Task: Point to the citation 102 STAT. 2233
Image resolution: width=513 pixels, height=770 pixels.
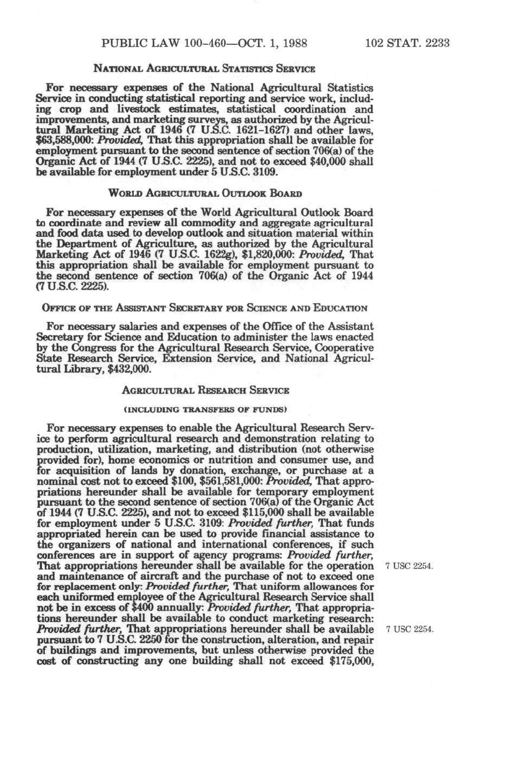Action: (x=407, y=43)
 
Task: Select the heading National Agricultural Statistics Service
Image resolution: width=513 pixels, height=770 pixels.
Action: (x=205, y=69)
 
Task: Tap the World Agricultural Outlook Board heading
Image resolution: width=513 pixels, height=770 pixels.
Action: (x=205, y=193)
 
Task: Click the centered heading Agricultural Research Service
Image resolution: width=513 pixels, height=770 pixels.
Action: (x=205, y=391)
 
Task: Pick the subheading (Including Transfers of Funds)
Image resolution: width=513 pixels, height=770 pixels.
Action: (x=205, y=409)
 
